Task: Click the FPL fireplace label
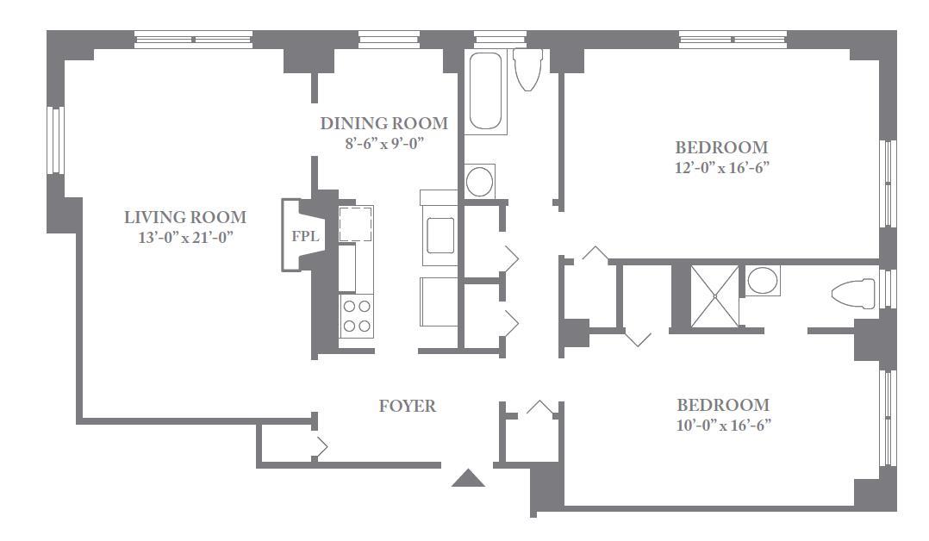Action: point(305,236)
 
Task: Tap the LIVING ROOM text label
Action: point(184,217)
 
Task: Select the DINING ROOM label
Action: point(384,123)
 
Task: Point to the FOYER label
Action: point(408,406)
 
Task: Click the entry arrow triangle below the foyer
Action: point(468,478)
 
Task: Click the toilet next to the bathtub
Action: point(528,69)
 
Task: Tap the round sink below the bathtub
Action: point(479,181)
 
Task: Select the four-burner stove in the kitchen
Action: point(357,316)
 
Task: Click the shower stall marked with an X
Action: point(714,295)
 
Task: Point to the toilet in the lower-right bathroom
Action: point(853,294)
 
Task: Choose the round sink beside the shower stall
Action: point(763,281)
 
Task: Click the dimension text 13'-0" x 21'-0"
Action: point(185,238)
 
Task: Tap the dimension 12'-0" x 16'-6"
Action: point(721,168)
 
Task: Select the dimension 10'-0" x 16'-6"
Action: point(723,426)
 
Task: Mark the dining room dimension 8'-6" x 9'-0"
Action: point(385,143)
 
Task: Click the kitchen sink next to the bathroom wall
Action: point(439,235)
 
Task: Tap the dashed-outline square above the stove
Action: point(355,223)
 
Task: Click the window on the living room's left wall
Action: point(55,140)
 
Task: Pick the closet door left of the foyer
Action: point(320,447)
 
